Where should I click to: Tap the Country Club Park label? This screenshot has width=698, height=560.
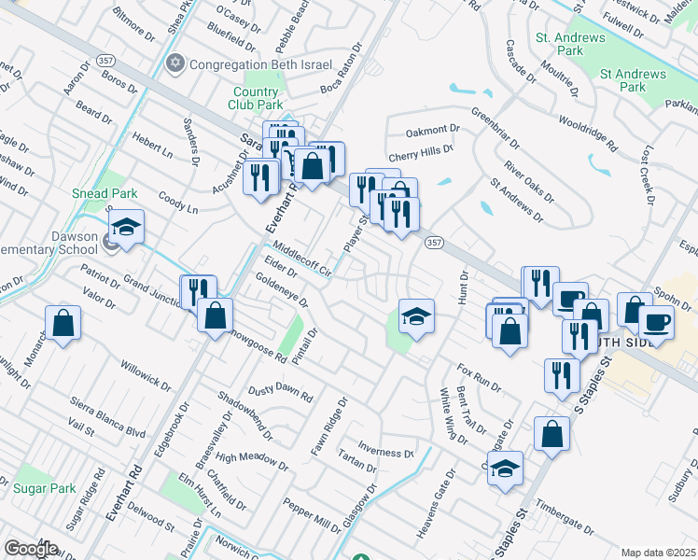256,99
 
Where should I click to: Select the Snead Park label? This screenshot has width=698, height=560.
105,193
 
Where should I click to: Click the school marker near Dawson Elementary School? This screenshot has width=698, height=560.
126,227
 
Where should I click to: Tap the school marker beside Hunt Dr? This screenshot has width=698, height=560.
416,315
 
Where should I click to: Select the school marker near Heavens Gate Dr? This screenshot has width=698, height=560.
505,468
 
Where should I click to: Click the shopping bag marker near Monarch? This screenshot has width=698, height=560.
63,324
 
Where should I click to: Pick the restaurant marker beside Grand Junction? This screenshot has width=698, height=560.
197,290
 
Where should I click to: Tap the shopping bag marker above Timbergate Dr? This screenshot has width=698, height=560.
551,433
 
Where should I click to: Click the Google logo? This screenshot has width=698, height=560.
31,549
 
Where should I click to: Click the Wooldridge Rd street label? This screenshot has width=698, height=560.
588,133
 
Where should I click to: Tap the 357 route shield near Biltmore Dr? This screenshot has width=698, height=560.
105,61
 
